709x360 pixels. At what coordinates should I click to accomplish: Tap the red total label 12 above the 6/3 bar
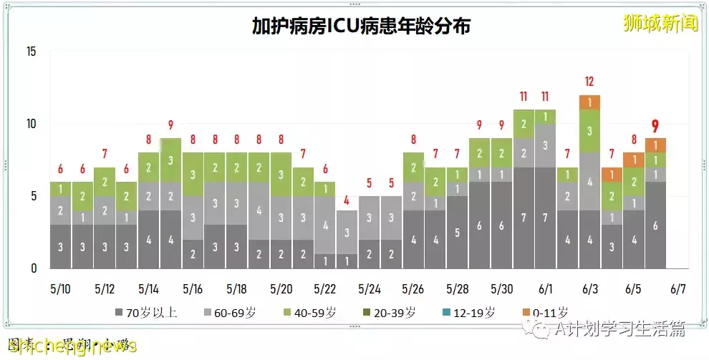click(x=589, y=82)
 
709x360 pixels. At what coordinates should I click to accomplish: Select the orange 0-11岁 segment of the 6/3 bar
click(x=589, y=102)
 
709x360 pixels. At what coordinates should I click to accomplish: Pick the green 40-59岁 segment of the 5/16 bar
click(x=193, y=174)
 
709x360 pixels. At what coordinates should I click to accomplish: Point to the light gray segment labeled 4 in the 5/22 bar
click(x=325, y=225)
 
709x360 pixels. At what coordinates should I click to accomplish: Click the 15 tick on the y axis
click(x=31, y=52)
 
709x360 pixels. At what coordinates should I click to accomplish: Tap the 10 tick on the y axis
click(x=31, y=124)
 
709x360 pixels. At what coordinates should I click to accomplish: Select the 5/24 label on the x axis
click(x=370, y=289)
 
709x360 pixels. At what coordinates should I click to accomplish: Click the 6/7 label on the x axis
click(x=677, y=289)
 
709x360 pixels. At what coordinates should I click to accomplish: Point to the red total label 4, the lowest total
click(x=347, y=200)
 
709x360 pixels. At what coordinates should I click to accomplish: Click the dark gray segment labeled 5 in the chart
click(x=458, y=232)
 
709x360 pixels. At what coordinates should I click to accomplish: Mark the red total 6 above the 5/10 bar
click(x=60, y=170)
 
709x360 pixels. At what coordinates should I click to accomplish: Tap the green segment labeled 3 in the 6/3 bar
click(x=589, y=131)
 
